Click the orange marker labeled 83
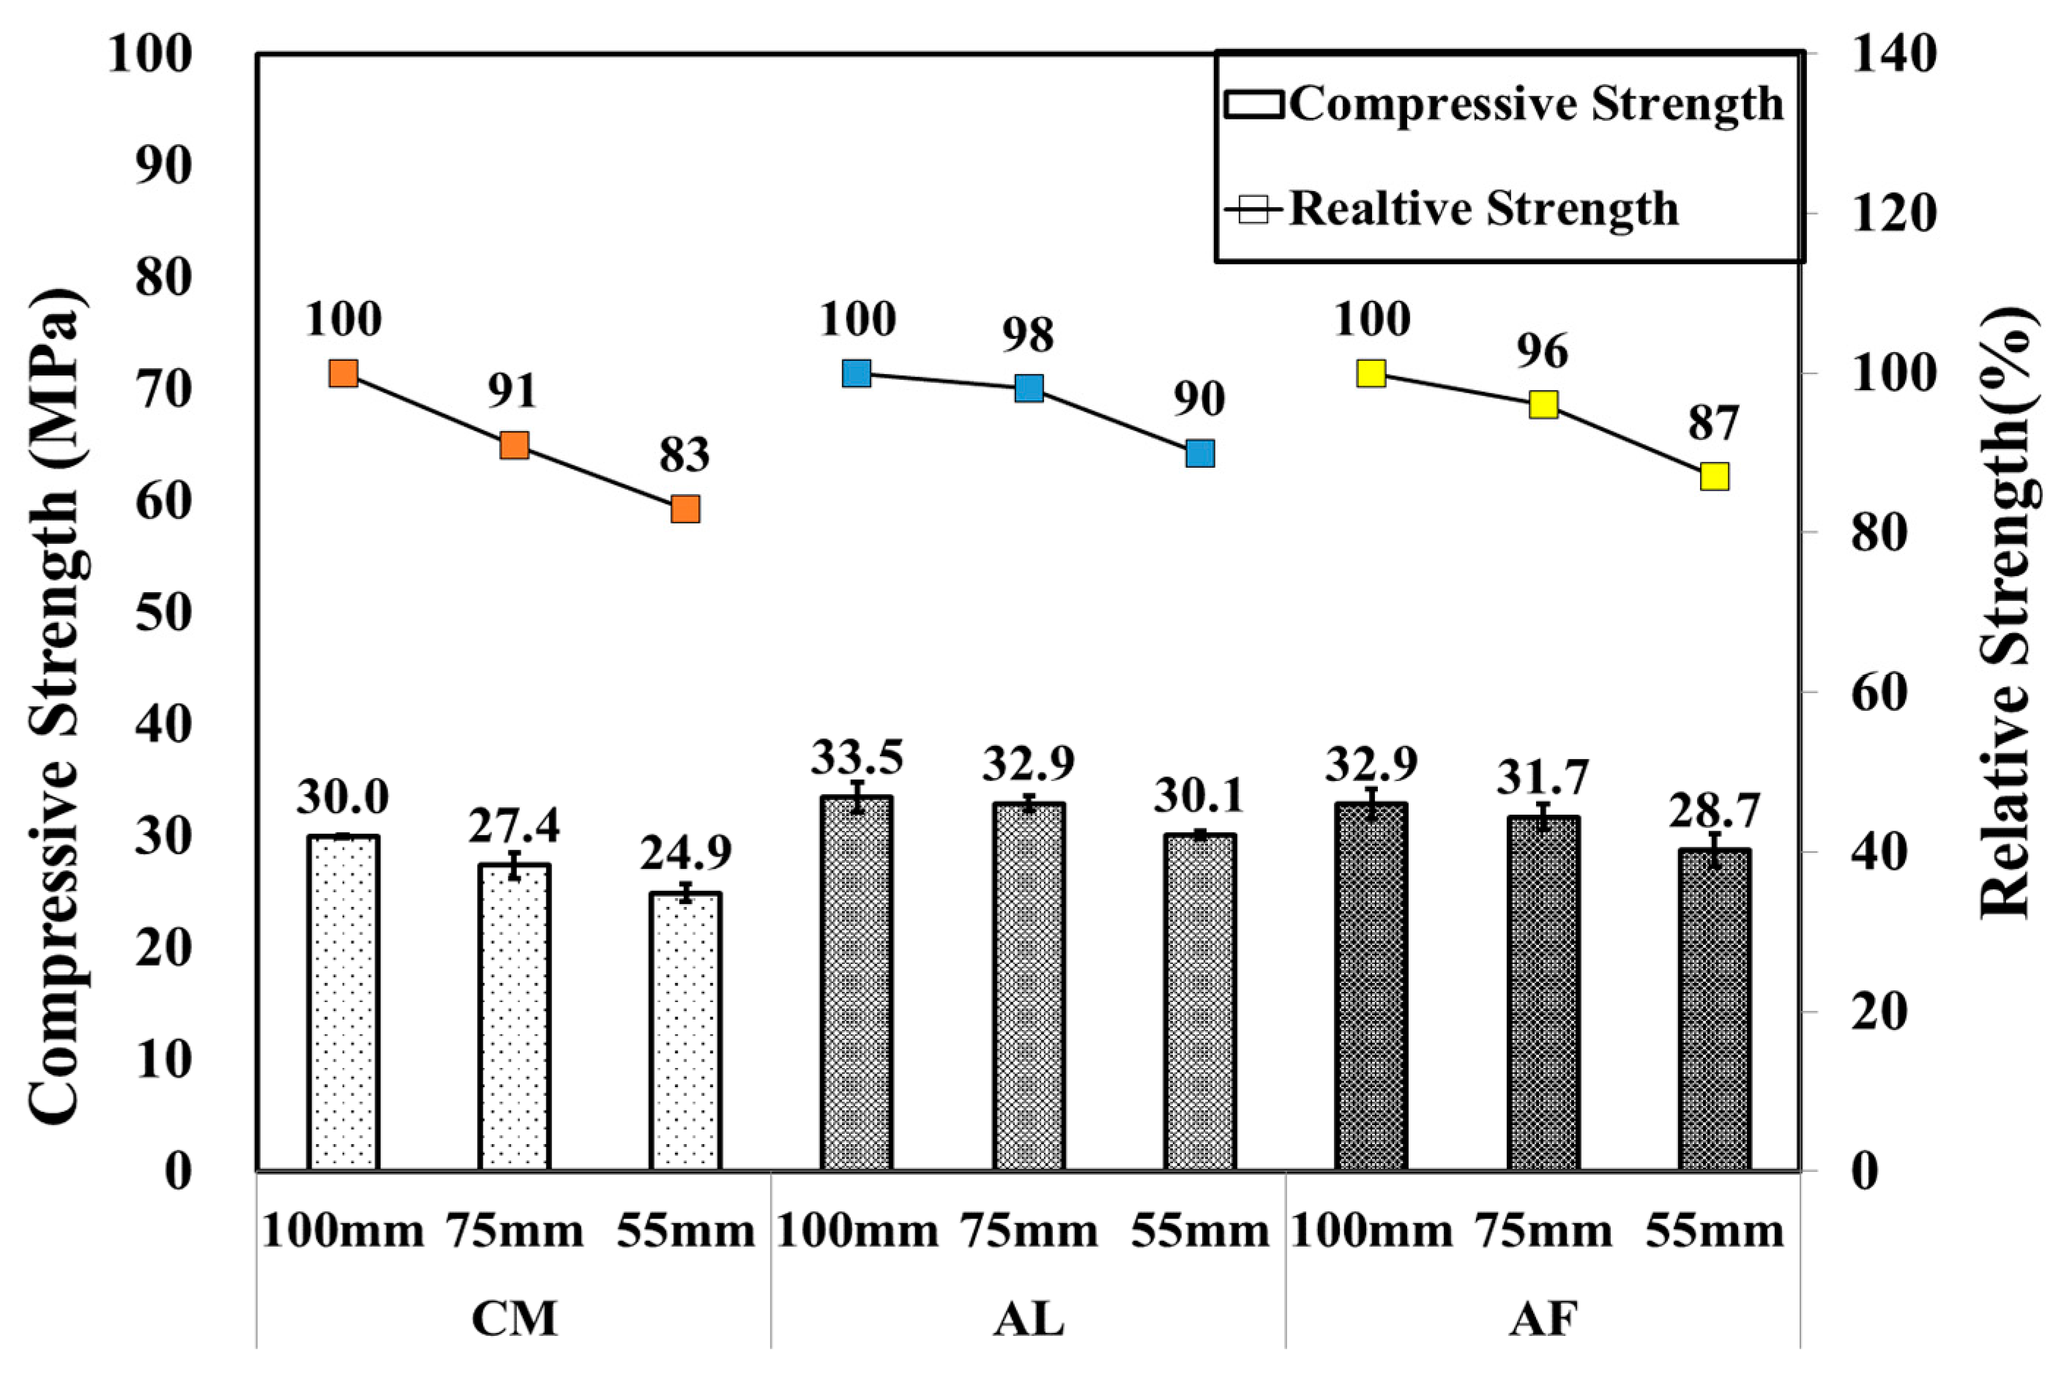[x=685, y=509]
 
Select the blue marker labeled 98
[x=1029, y=388]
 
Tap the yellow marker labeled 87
[x=1714, y=476]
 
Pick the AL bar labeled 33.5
[x=857, y=983]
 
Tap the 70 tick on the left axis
[x=163, y=389]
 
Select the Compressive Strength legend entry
[x=1505, y=104]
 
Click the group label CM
[x=514, y=1320]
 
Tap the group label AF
[x=1543, y=1320]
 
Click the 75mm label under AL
[x=1029, y=1231]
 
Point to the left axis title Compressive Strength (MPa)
[x=58, y=705]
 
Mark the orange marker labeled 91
[x=514, y=445]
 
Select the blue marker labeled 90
[x=1200, y=453]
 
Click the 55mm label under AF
[x=1714, y=1231]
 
